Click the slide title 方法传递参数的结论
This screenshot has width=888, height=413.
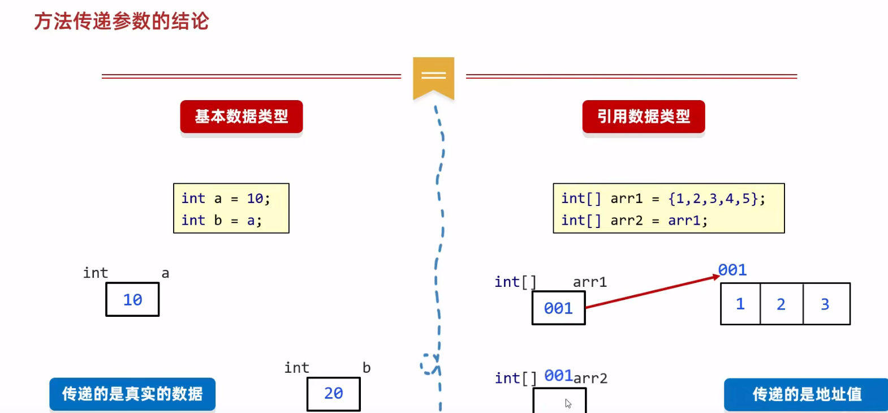(x=122, y=21)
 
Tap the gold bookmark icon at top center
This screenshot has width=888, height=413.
(x=433, y=77)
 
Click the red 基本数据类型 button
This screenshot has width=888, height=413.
(x=242, y=117)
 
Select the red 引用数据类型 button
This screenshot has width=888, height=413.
(x=644, y=117)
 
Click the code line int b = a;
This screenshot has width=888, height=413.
(x=222, y=221)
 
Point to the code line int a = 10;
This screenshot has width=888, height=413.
(x=226, y=199)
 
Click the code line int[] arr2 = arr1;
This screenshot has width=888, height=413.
(x=634, y=221)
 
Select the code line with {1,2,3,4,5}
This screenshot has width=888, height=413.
(x=663, y=199)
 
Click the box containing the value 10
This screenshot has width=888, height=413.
(x=132, y=300)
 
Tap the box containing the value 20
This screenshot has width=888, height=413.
(x=334, y=394)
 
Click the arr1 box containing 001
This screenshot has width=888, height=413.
(x=558, y=308)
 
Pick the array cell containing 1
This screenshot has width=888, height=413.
(x=740, y=304)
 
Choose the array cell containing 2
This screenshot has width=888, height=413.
(x=781, y=304)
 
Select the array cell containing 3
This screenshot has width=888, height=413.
(x=826, y=304)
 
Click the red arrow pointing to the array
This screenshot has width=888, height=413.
(x=650, y=291)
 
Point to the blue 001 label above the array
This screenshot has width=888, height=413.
(x=732, y=270)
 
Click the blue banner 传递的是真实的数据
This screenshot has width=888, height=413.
(x=132, y=394)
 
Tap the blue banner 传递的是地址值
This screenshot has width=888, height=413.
(x=807, y=394)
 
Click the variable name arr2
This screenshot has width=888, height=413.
(x=591, y=378)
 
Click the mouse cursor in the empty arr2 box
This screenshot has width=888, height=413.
(x=568, y=403)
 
